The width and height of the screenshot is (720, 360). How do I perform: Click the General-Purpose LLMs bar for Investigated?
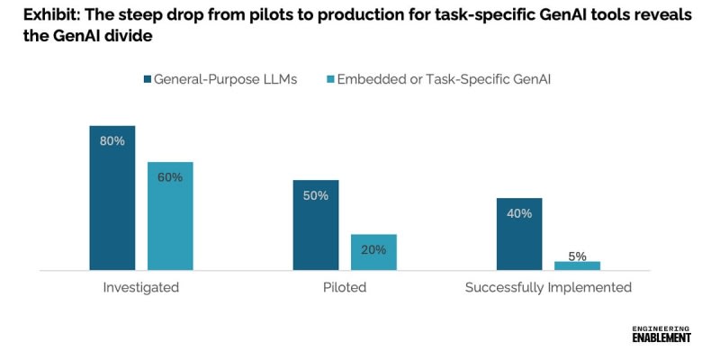(x=112, y=198)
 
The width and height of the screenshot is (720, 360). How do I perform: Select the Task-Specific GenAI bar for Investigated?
(x=170, y=216)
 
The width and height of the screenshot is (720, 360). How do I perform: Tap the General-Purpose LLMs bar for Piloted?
(x=315, y=225)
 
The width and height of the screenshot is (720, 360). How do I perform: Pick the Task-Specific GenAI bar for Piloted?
(x=373, y=252)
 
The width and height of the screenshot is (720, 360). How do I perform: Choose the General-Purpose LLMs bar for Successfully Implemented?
(x=518, y=234)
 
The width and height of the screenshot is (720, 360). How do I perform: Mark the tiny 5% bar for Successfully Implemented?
(x=577, y=265)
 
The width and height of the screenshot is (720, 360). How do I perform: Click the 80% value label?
(x=112, y=141)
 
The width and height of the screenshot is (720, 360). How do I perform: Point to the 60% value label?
(x=170, y=177)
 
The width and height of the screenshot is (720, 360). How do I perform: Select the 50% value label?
(x=315, y=195)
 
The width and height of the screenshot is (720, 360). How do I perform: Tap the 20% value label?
(x=373, y=249)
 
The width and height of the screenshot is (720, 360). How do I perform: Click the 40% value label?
(x=519, y=213)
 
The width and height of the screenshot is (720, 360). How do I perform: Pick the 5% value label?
(x=577, y=256)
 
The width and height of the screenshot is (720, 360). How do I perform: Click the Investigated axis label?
(x=141, y=288)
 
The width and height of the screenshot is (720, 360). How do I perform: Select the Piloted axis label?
(x=344, y=288)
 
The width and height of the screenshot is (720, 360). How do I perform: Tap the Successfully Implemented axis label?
(x=548, y=288)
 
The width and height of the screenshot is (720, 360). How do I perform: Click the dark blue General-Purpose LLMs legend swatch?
(x=146, y=79)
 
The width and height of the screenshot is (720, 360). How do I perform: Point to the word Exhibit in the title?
(x=39, y=15)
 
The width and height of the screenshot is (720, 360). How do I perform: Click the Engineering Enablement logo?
(x=661, y=333)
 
